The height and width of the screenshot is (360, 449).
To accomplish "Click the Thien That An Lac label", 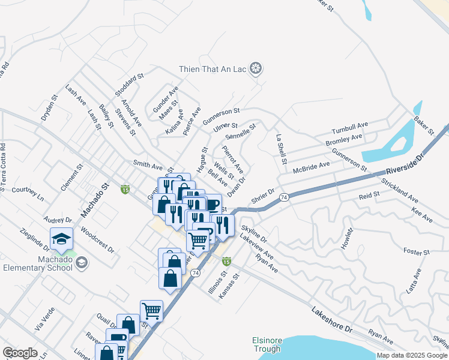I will tap(213, 69).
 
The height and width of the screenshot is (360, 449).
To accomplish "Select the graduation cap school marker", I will tap(61, 239).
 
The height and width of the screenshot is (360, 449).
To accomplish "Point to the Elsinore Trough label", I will tap(266, 345).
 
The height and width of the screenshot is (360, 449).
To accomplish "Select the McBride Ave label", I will tap(312, 167).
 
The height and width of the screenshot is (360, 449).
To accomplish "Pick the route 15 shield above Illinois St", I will tap(226, 261).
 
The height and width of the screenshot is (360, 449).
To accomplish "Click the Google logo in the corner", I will tap(20, 353).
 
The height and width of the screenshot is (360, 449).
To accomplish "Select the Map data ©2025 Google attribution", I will tap(412, 355).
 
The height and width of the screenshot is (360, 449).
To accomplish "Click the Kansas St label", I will tap(231, 286).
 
